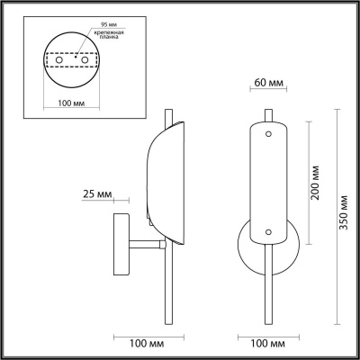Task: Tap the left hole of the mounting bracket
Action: (59, 60)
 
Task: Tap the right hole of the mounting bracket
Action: (85, 60)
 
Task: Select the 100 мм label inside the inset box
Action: (71, 103)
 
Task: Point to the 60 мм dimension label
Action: (268, 83)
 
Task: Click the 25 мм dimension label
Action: (97, 194)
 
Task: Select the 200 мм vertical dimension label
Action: (315, 183)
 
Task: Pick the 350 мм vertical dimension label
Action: (343, 212)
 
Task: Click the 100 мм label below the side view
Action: (147, 344)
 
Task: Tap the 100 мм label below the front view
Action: (268, 344)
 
